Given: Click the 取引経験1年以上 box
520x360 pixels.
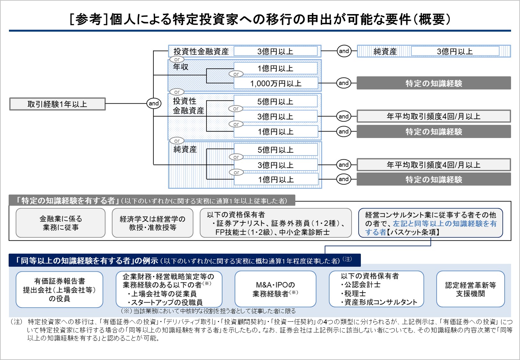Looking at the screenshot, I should pyautogui.click(x=57, y=104).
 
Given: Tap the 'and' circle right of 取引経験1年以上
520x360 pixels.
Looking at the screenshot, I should pyautogui.click(x=154, y=103).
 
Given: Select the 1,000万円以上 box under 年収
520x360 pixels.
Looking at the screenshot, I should pyautogui.click(x=276, y=84).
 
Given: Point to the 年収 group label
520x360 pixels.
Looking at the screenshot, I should pyautogui.click(x=181, y=67).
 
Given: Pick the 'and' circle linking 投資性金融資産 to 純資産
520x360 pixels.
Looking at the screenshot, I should pyautogui.click(x=344, y=51).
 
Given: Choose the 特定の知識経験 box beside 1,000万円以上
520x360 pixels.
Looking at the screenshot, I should pyautogui.click(x=434, y=83).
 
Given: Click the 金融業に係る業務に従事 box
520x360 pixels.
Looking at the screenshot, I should pyautogui.click(x=61, y=223).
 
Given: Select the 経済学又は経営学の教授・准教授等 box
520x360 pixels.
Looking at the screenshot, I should pyautogui.click(x=152, y=223).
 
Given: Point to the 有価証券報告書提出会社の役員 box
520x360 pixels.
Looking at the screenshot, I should pyautogui.click(x=59, y=290).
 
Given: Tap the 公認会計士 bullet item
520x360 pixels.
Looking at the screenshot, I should pyautogui.click(x=362, y=284).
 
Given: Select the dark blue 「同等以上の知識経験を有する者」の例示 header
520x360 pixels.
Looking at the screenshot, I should pyautogui.click(x=86, y=261).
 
